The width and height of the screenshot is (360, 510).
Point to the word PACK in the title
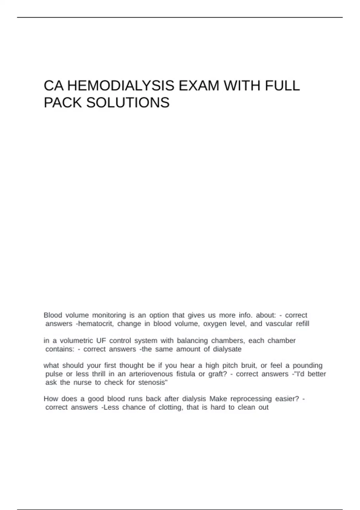tap(63, 103)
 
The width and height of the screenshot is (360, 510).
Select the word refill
tap(302, 324)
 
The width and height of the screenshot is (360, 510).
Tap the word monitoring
tap(109, 315)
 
